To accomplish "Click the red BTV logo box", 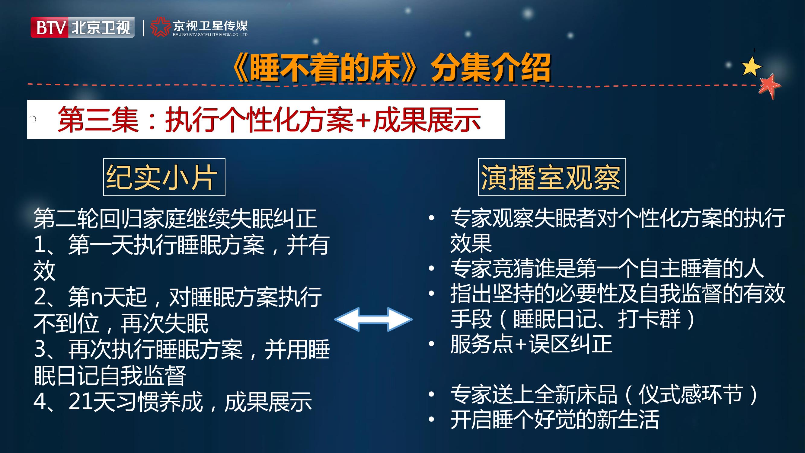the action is pos(50,27).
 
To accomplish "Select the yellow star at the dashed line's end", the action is pos(751,66).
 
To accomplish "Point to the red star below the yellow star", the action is pos(769,86).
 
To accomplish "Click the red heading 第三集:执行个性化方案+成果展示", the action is pos(269,119).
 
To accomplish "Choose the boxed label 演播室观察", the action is pos(552,177).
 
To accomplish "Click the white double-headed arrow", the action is pos(373,319).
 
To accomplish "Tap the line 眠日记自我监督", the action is pos(110,375).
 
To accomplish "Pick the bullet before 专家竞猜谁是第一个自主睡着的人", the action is pos(432,268).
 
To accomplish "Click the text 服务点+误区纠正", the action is pos(531,344).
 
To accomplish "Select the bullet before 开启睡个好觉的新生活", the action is pos(432,419).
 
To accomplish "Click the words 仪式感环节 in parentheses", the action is pos(690,394).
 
